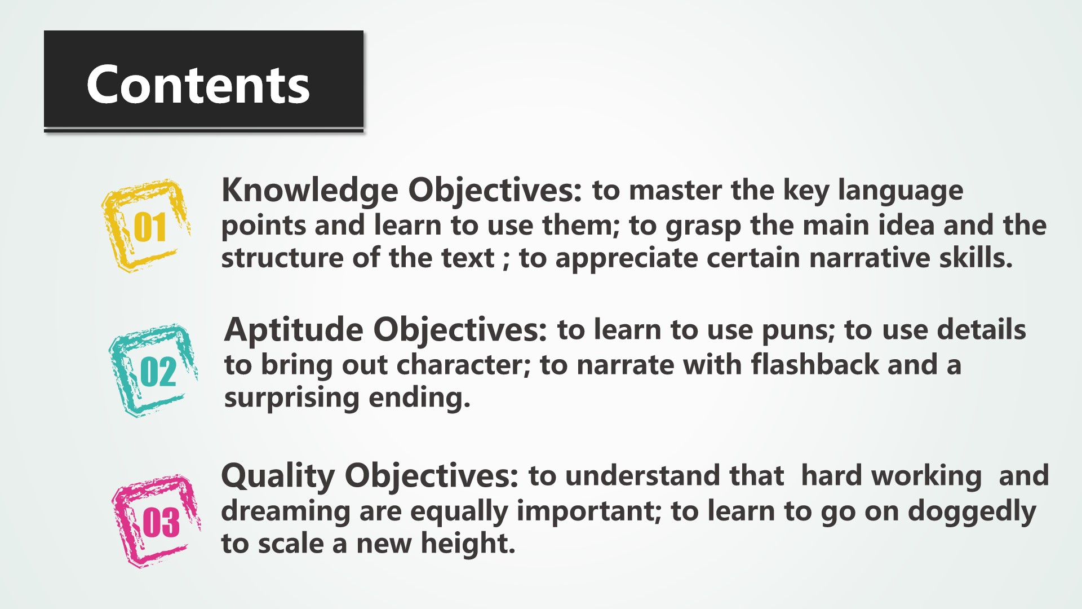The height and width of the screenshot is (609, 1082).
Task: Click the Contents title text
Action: [x=198, y=85]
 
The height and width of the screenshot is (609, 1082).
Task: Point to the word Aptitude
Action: [x=294, y=330]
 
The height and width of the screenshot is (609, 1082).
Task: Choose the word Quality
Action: [x=278, y=476]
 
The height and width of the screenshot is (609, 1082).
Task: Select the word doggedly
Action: [x=972, y=512]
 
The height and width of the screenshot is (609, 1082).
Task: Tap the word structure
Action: [x=282, y=258]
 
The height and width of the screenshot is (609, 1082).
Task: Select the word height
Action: [x=467, y=544]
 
